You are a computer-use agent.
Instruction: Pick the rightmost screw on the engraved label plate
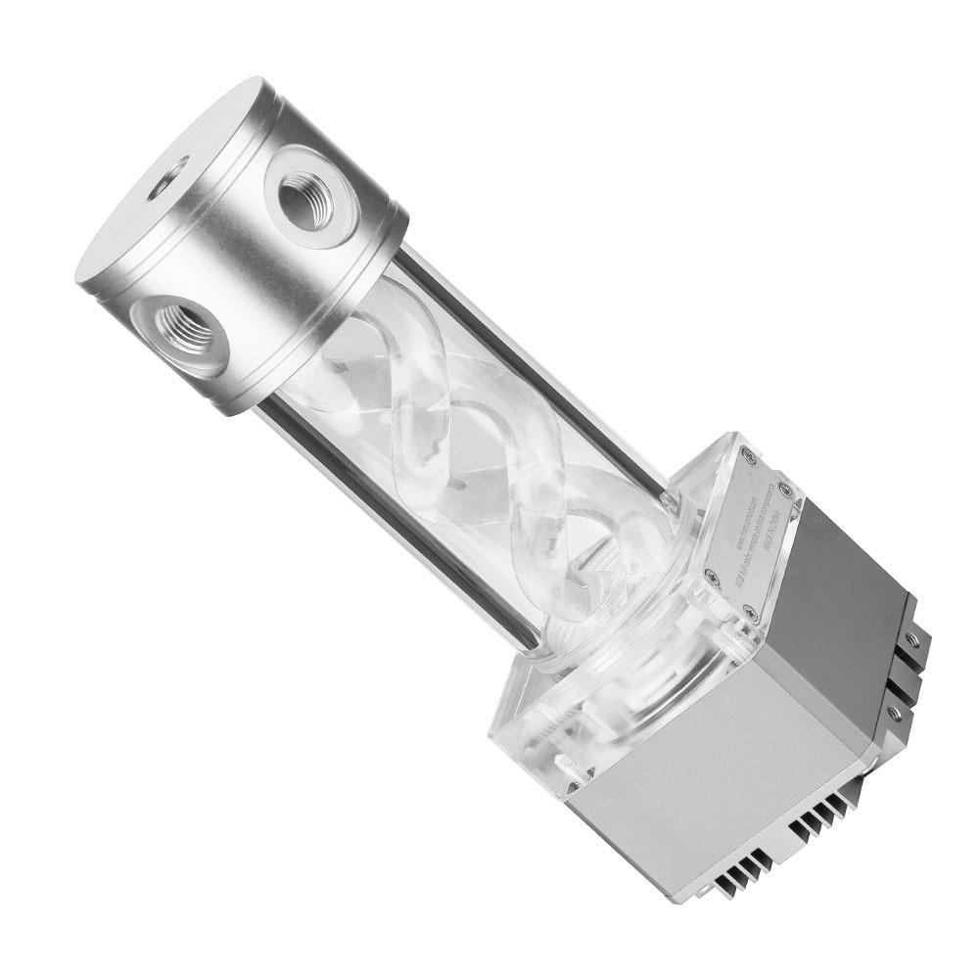(x=794, y=487)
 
